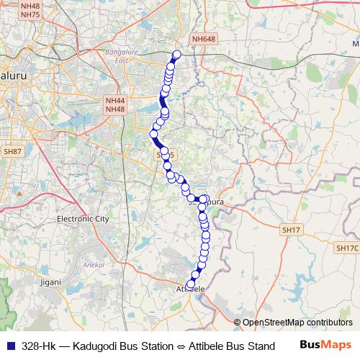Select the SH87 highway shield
(12, 152)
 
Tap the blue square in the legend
(9, 346)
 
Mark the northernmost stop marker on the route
(176, 54)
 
